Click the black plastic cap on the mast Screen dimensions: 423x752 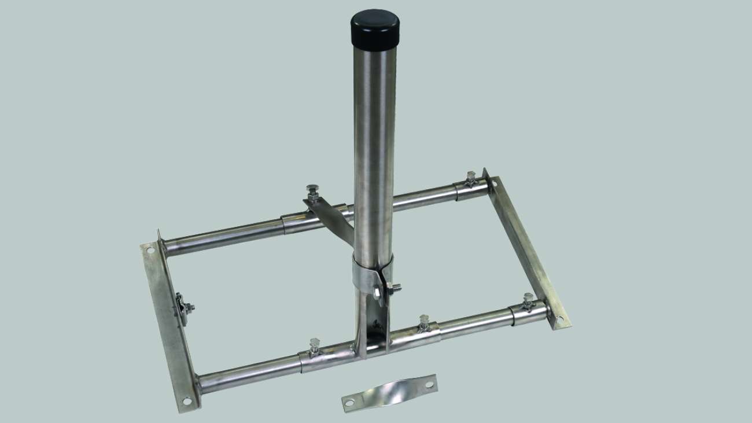(374, 28)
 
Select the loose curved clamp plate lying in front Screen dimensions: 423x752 (389, 393)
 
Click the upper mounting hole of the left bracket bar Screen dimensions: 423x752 (150, 251)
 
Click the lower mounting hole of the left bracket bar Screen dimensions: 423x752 (186, 400)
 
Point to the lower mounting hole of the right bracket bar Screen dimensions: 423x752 (559, 319)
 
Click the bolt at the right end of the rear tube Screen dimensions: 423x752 (470, 177)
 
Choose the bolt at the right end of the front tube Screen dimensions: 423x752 (528, 300)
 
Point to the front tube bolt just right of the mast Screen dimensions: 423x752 (423, 322)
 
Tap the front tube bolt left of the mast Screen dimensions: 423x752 (315, 345)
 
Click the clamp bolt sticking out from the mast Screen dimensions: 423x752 (395, 288)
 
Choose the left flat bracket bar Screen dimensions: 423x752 (168, 324)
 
